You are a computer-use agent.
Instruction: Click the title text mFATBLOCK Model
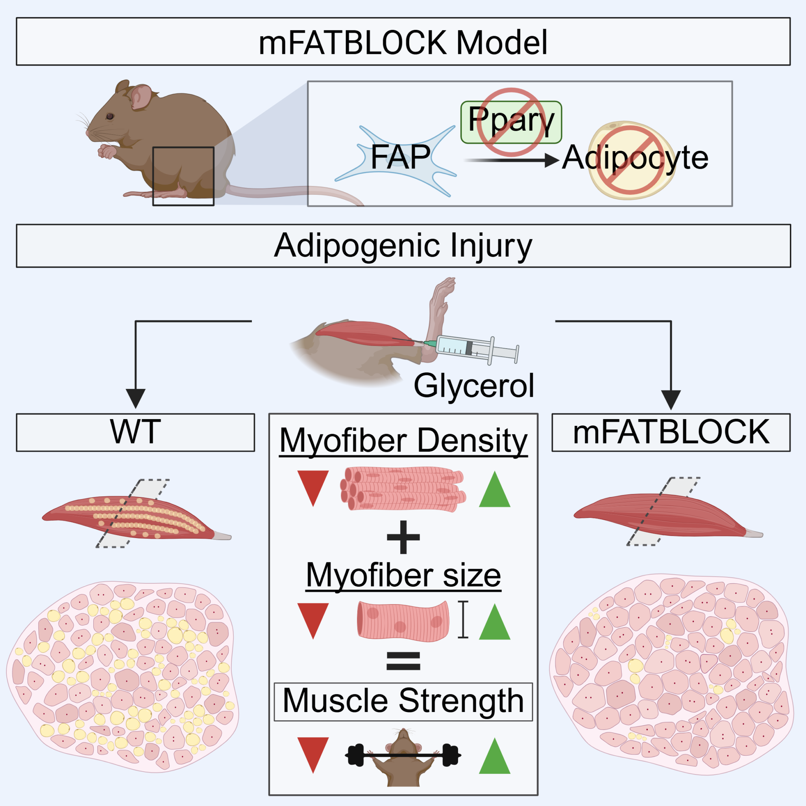point(403,43)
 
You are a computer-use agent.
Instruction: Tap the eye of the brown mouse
point(110,116)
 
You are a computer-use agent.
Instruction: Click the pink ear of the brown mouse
point(141,97)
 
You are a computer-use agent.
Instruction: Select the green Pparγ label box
point(511,122)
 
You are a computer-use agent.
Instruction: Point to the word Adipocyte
point(635,159)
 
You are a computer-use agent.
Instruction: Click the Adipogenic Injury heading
point(403,246)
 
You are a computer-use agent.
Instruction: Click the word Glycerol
point(473,386)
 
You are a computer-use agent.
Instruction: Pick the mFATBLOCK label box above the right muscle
point(671,432)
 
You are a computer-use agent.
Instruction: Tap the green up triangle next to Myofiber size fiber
point(494,622)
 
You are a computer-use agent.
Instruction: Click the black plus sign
point(403,537)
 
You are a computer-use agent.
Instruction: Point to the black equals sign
point(403,660)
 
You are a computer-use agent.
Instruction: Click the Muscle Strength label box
point(403,702)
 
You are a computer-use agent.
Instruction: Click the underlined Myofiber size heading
point(403,576)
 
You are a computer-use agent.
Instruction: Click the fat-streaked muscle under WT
point(136,517)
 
